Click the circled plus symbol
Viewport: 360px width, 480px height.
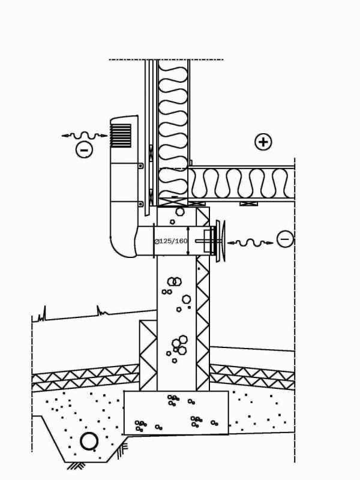[263, 142]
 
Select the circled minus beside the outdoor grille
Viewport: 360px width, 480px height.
[84, 149]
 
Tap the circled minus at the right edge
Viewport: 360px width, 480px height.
[285, 239]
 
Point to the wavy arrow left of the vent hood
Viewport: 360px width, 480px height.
[85, 136]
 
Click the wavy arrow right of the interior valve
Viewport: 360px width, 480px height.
[250, 243]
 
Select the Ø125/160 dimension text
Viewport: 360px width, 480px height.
[171, 241]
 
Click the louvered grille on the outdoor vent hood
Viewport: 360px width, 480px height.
[121, 136]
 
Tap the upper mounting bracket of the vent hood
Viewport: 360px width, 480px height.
[140, 166]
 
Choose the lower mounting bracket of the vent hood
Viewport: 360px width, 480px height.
[140, 204]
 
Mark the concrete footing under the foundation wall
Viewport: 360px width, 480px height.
[176, 413]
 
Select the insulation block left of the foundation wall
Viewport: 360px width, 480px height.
[148, 355]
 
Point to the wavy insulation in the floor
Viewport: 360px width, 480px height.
[241, 184]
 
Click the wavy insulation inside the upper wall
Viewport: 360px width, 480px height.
[173, 128]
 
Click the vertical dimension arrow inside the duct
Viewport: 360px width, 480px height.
[188, 241]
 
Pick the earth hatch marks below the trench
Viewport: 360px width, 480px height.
[76, 466]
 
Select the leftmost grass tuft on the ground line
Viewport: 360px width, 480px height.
[42, 314]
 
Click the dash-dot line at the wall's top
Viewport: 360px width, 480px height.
[166, 59]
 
